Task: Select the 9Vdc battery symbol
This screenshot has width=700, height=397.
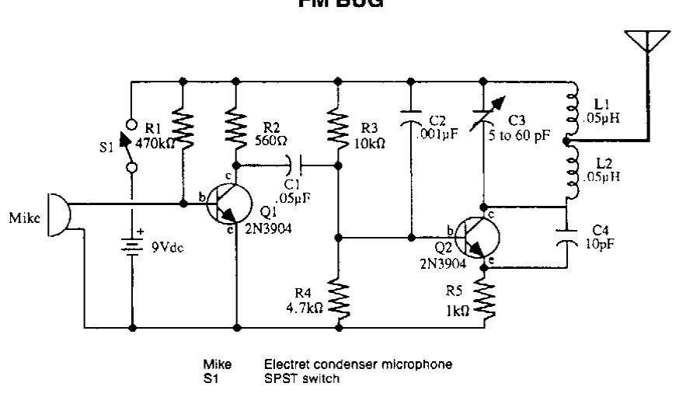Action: pos(131,246)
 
